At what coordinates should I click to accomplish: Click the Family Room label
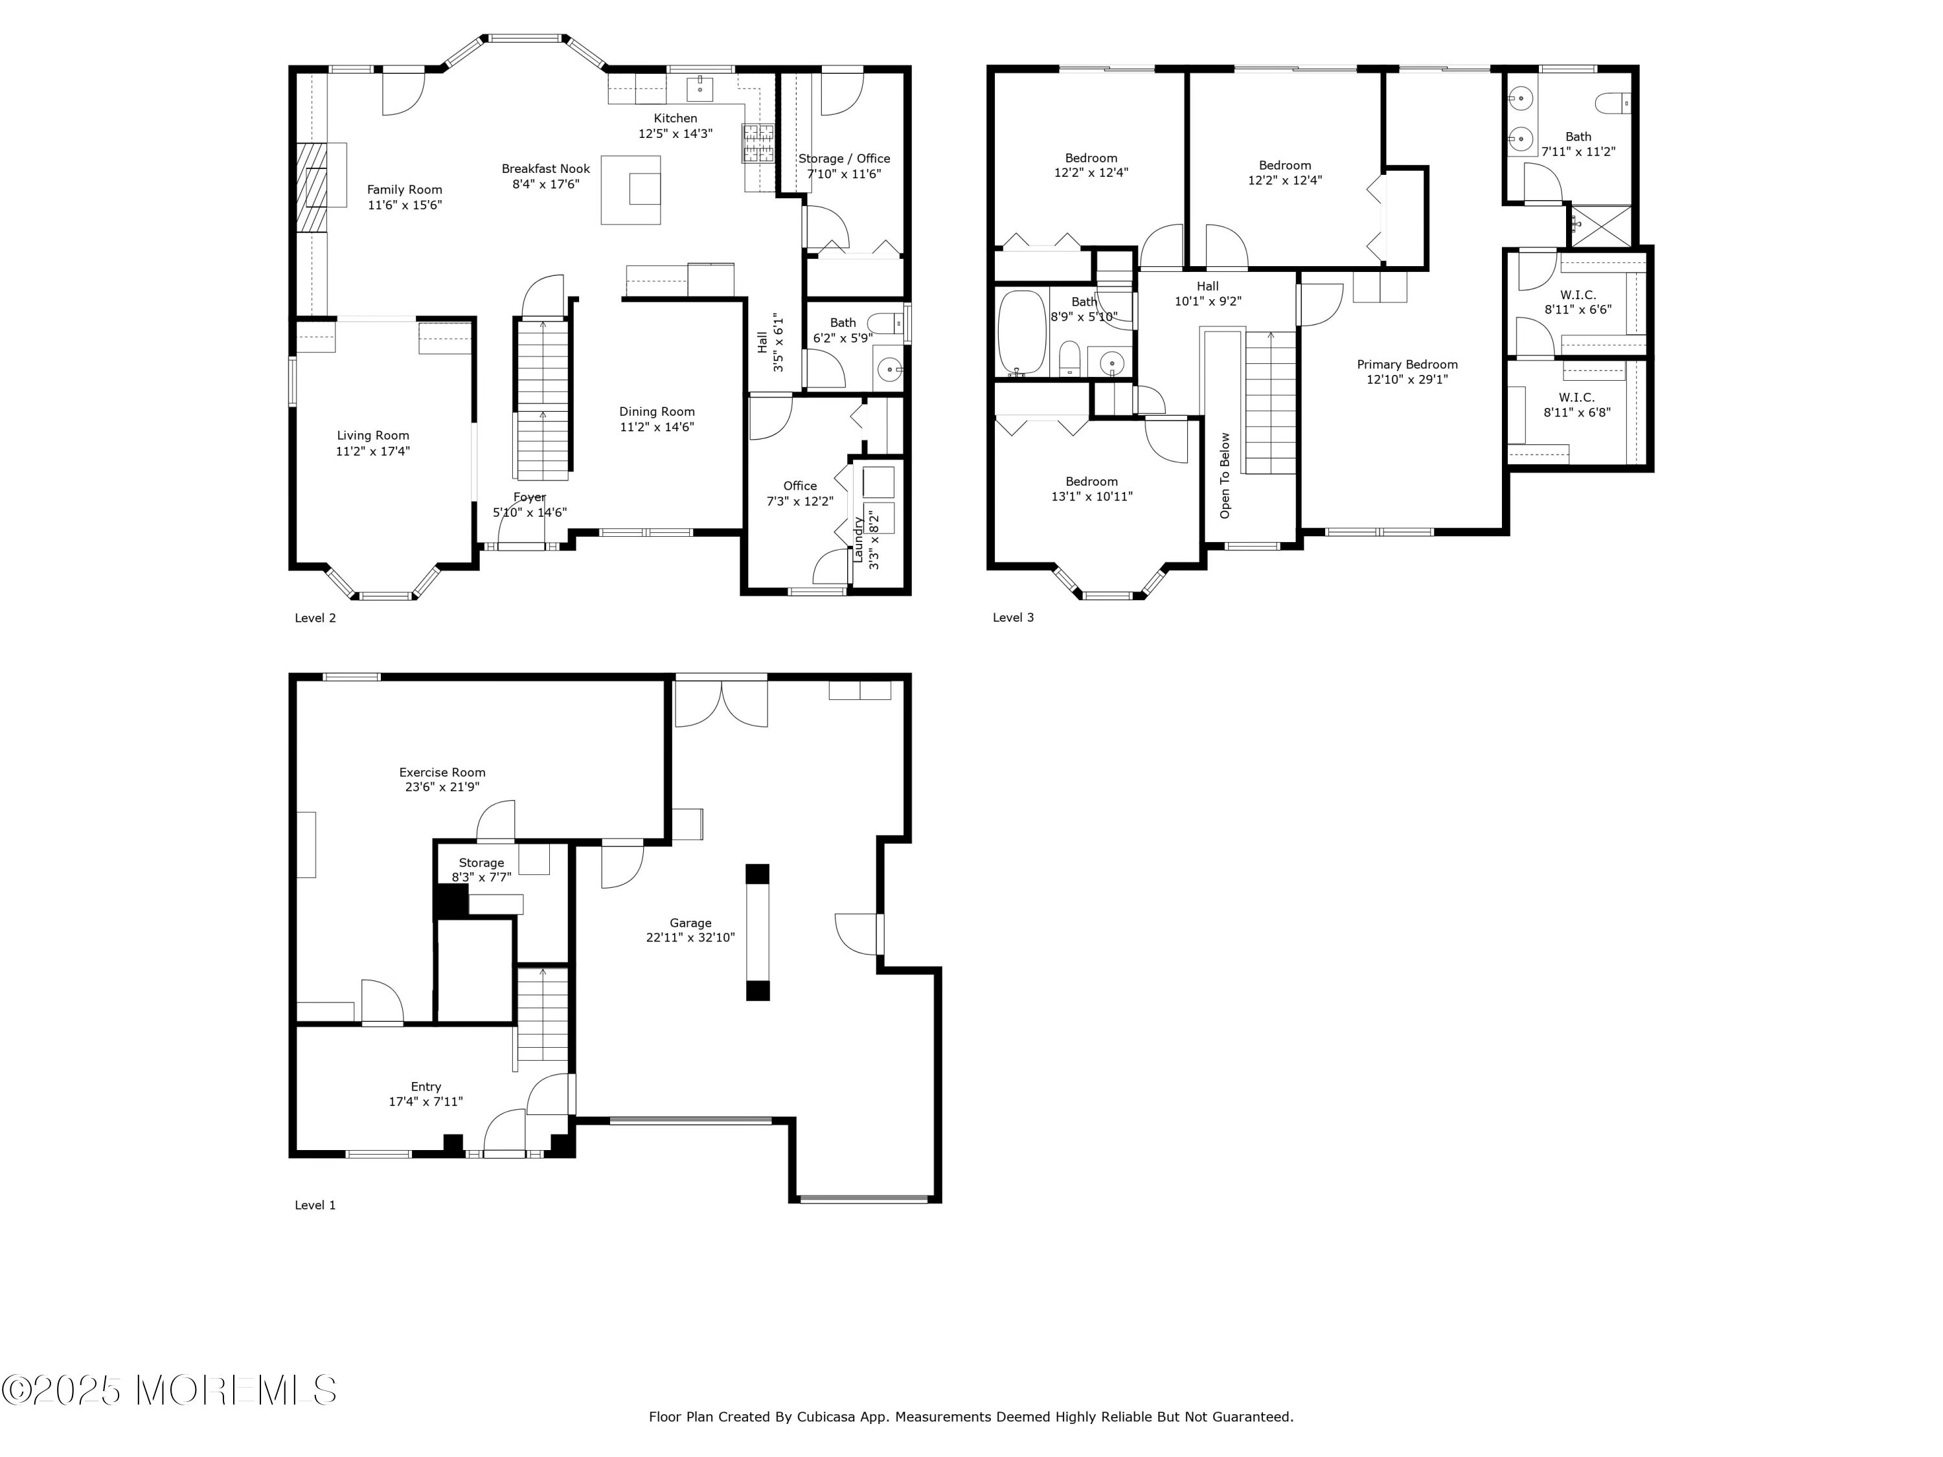click(404, 190)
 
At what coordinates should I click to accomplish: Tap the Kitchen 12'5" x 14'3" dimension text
click(675, 133)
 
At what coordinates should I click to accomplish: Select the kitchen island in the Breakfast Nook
click(631, 190)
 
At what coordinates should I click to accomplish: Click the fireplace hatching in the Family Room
click(311, 187)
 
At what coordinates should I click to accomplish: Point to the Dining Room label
click(656, 412)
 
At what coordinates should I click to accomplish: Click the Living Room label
click(372, 436)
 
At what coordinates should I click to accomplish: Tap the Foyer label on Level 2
click(530, 497)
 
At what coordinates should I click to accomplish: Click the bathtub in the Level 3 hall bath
click(1021, 333)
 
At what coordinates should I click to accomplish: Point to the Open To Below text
click(1225, 475)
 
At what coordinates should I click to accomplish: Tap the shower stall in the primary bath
click(1600, 226)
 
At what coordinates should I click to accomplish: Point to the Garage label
click(690, 923)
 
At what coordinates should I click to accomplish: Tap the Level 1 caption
click(315, 1205)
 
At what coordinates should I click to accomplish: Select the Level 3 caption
click(1013, 617)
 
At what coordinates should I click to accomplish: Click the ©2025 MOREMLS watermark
click(168, 1390)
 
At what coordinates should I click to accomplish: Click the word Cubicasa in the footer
click(826, 1441)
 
